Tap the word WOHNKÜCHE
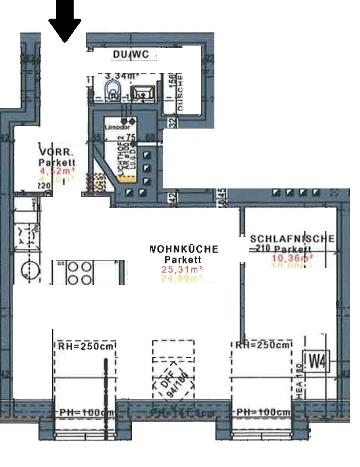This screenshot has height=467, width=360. (x=183, y=249)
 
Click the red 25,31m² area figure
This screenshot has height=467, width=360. (x=182, y=269)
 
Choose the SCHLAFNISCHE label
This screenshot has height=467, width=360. (x=292, y=239)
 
